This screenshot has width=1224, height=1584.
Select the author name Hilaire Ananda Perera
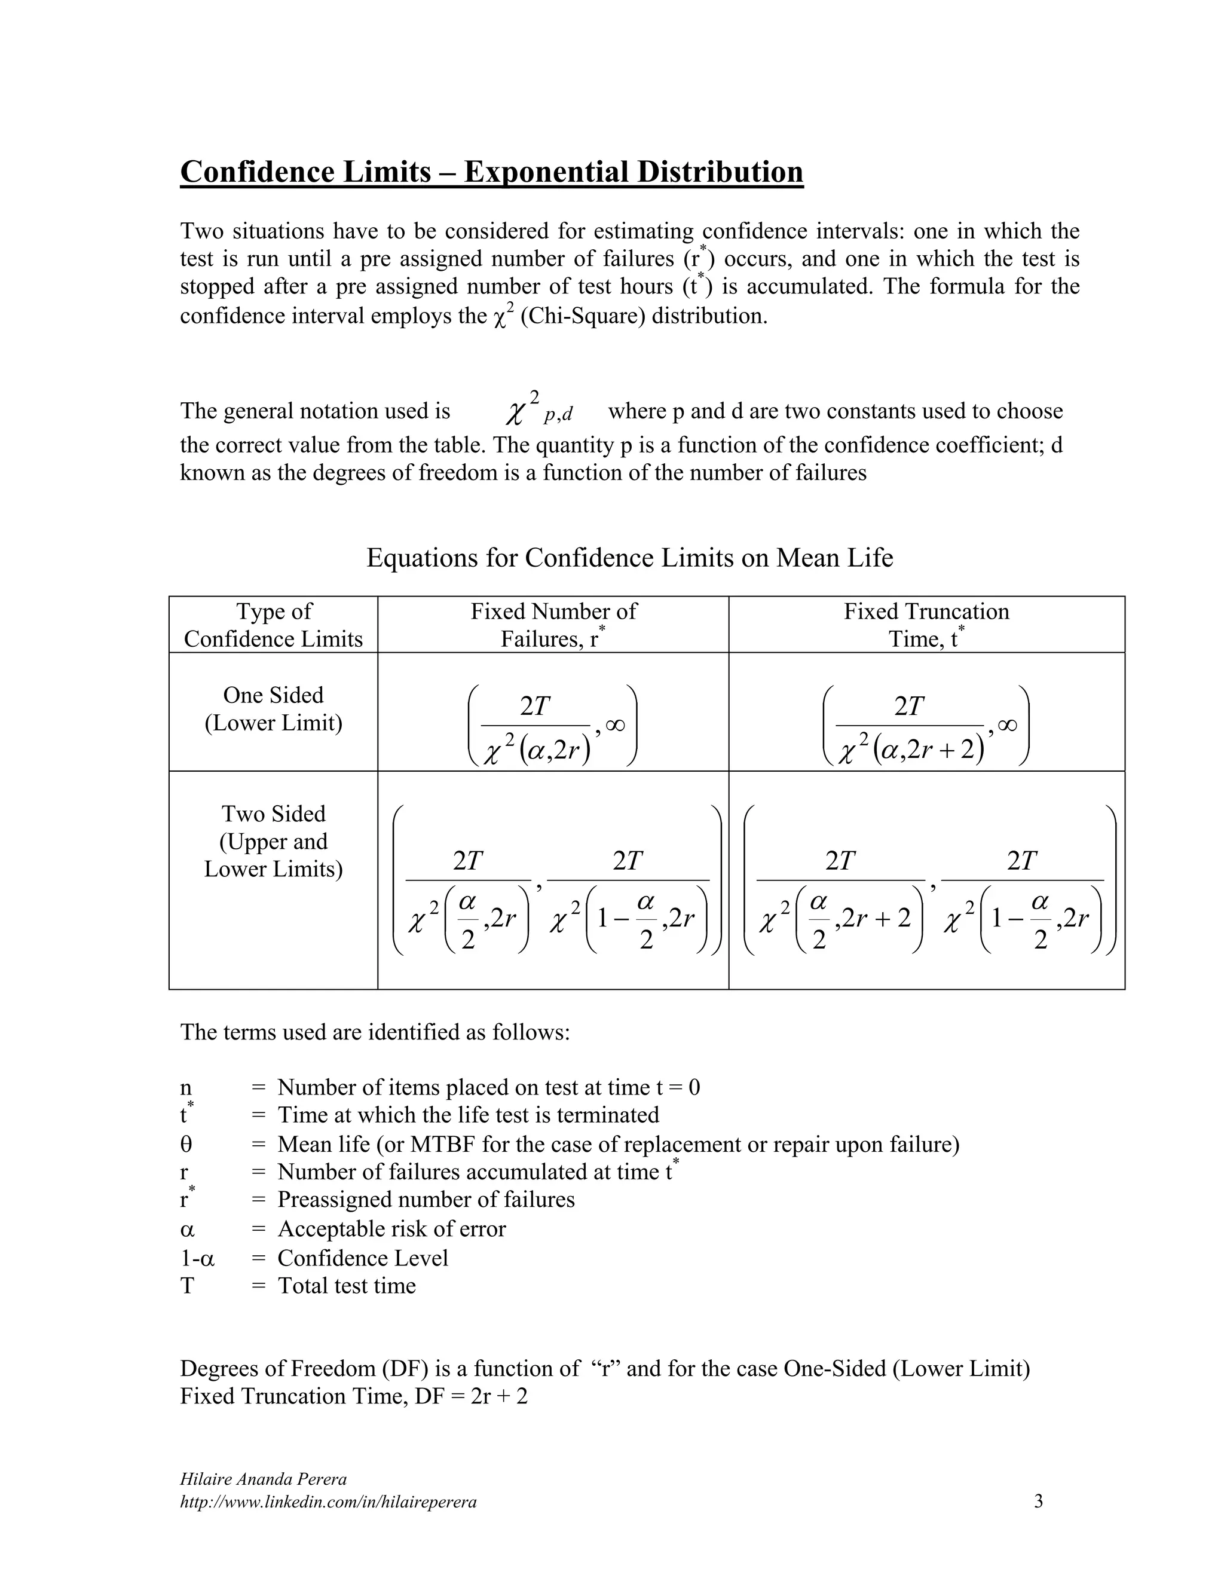(x=262, y=1479)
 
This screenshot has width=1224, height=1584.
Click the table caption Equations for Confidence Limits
(x=629, y=558)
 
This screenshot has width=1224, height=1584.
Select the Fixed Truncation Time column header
(x=926, y=625)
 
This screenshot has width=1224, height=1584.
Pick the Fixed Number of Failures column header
(x=553, y=625)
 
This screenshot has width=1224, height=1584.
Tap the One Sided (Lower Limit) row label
(x=273, y=708)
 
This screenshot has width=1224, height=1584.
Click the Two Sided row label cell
(x=273, y=842)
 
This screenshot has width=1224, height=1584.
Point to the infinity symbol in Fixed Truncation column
(x=1007, y=725)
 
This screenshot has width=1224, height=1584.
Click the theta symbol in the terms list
(x=186, y=1145)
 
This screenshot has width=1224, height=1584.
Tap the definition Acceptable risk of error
(x=391, y=1228)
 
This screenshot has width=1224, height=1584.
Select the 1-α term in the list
(x=197, y=1258)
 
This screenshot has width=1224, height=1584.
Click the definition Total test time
(x=347, y=1285)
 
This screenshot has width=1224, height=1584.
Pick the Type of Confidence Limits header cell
(x=273, y=625)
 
